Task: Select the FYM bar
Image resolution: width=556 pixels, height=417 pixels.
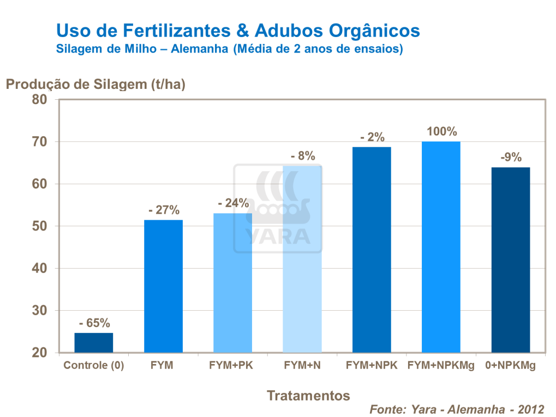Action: click(163, 286)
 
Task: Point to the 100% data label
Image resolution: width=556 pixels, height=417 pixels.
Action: click(441, 132)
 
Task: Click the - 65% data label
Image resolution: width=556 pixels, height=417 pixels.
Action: click(94, 323)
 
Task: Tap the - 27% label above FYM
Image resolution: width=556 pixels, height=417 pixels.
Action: click(163, 210)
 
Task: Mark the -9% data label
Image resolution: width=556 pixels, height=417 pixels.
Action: click(511, 158)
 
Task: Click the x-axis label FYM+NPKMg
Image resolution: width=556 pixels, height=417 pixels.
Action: click(441, 365)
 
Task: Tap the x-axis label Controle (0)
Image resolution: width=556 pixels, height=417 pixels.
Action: click(94, 365)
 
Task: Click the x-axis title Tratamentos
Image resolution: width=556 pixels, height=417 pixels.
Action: click(308, 395)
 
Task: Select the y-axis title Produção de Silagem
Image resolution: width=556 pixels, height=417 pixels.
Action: click(95, 84)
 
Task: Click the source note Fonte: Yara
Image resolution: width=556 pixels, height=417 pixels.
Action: click(457, 409)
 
